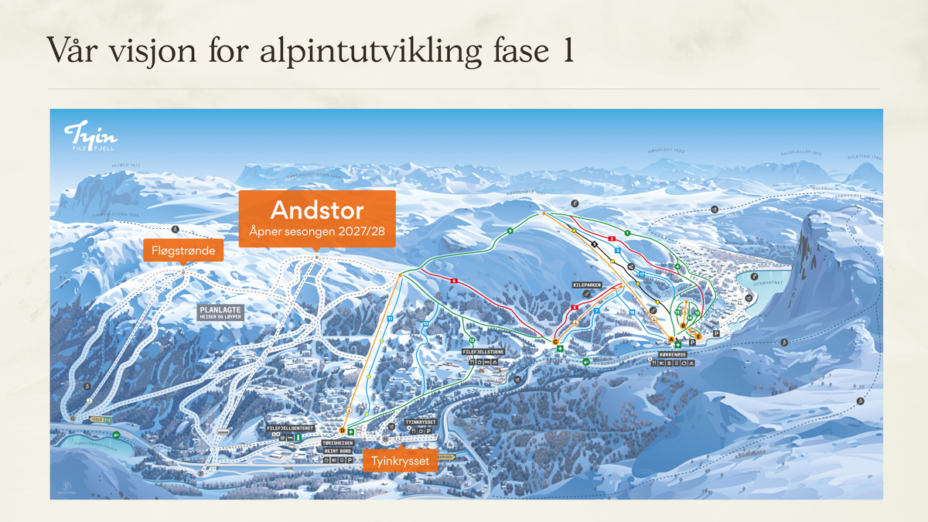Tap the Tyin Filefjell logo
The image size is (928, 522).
click(90, 136)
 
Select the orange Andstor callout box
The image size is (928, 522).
click(317, 218)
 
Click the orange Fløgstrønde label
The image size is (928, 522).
click(183, 251)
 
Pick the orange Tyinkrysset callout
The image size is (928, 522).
click(400, 461)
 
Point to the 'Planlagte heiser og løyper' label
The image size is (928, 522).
click(221, 312)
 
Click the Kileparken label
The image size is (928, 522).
click(587, 285)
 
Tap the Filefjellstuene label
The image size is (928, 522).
click(483, 352)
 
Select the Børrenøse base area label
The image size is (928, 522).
click(672, 355)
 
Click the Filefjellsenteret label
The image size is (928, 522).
click(290, 428)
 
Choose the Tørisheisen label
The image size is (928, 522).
click(338, 443)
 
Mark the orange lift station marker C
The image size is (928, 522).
click(555, 342)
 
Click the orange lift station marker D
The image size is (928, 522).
click(342, 431)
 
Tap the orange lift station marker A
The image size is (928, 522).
click(670, 339)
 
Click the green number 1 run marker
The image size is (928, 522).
click(627, 233)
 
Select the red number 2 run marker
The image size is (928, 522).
click(612, 239)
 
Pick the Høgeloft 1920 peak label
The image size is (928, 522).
click(666, 151)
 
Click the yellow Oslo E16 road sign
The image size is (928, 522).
click(101, 420)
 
